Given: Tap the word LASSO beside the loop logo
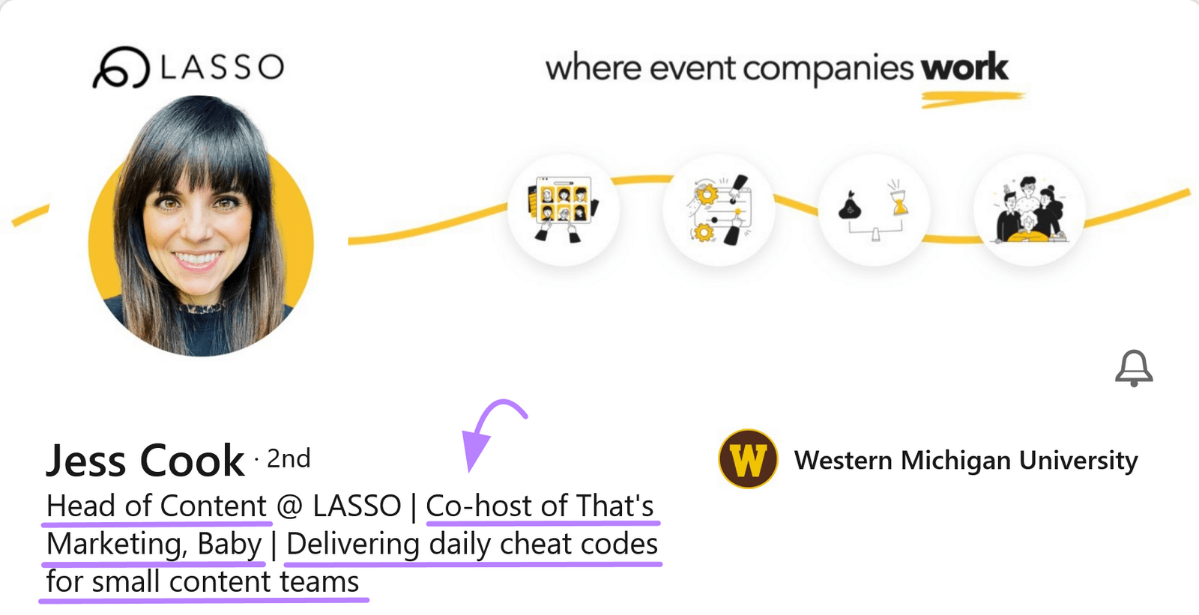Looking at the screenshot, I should click(x=222, y=67).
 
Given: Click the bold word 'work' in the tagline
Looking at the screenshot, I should click(x=964, y=68).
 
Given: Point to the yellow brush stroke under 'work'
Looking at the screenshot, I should click(x=972, y=98).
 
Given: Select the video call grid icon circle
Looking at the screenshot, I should click(x=564, y=209).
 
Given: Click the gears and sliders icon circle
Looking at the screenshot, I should click(x=719, y=210).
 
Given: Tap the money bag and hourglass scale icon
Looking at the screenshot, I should click(x=874, y=210).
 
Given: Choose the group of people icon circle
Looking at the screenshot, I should click(x=1029, y=210).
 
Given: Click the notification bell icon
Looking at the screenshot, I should click(x=1134, y=368).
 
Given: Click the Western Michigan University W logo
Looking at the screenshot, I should click(x=748, y=459).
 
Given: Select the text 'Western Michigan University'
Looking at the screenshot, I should click(x=966, y=460).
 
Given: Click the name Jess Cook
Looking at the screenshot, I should click(x=145, y=460).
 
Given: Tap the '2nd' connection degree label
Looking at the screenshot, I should click(x=289, y=458).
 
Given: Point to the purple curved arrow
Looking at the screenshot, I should click(x=487, y=431).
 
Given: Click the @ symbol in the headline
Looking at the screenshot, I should click(x=289, y=506).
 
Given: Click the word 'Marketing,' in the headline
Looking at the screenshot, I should click(x=117, y=545).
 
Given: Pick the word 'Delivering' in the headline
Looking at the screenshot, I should click(x=352, y=545).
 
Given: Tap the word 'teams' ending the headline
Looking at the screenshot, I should click(x=320, y=582).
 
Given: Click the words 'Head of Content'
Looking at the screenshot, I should click(x=157, y=506).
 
